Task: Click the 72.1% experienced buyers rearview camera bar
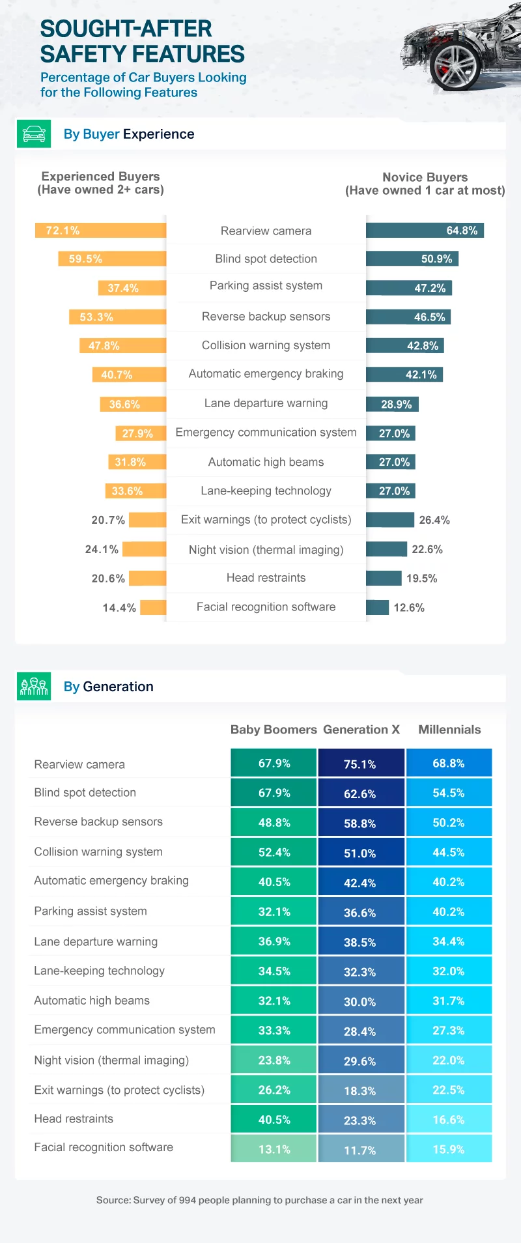[x=101, y=231]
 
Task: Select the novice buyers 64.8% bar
[x=425, y=231]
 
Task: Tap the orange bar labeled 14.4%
[x=154, y=608]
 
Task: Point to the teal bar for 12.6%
[x=378, y=608]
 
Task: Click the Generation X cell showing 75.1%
[x=360, y=764]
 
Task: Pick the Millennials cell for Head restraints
[x=449, y=1120]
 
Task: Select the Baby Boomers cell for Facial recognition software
[x=274, y=1149]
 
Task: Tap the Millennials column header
[x=449, y=730]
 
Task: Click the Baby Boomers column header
[x=274, y=730]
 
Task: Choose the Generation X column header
[x=361, y=730]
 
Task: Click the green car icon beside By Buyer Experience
[x=34, y=134]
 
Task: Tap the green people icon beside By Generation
[x=34, y=687]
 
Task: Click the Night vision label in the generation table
[x=111, y=1061]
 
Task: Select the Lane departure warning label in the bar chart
[x=266, y=403]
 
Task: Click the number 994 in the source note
[x=188, y=1200]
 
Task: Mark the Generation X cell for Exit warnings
[x=360, y=1091]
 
